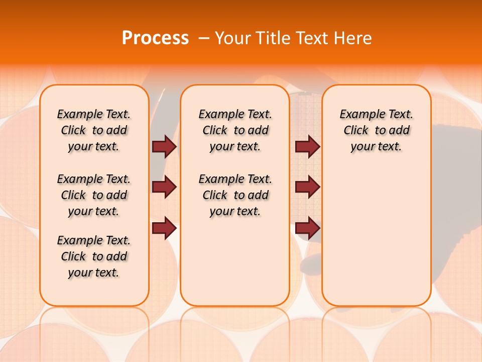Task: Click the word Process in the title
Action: (155, 38)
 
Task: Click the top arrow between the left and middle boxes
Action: (164, 146)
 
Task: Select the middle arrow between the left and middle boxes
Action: (164, 188)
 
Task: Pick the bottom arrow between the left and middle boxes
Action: (164, 228)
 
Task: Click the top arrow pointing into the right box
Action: (307, 146)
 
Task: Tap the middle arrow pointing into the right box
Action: (307, 187)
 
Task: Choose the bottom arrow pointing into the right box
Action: (307, 228)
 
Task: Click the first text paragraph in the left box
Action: (94, 130)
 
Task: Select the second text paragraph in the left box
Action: (94, 195)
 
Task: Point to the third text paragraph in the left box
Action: (94, 256)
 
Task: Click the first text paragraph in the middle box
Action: (235, 130)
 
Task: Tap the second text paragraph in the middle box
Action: (235, 195)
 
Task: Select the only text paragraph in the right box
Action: (377, 130)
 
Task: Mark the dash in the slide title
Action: (204, 38)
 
